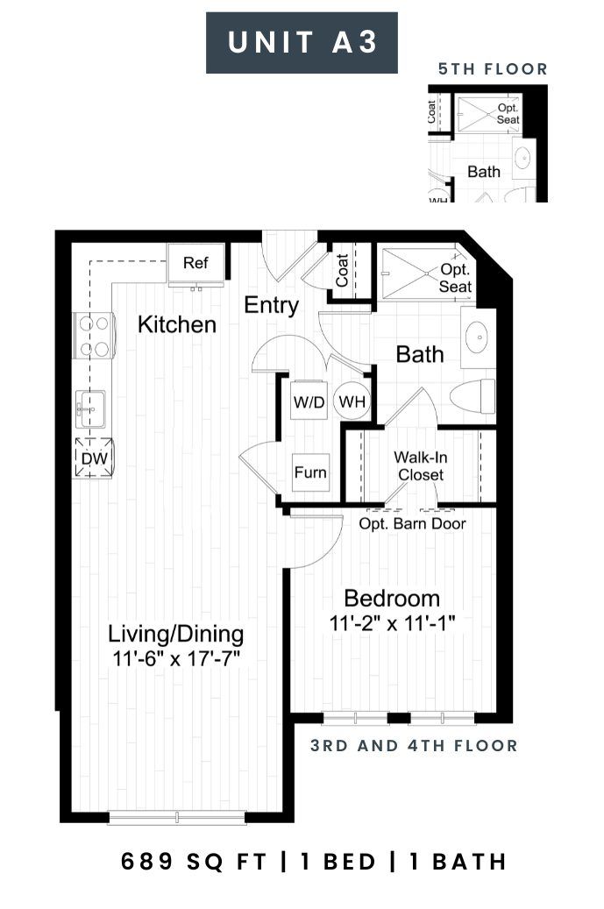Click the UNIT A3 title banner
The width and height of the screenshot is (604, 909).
pyautogui.click(x=302, y=43)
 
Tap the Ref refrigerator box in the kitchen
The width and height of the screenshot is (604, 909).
pyautogui.click(x=195, y=265)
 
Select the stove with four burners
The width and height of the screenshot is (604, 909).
pyautogui.click(x=93, y=336)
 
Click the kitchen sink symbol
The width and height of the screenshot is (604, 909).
pyautogui.click(x=90, y=408)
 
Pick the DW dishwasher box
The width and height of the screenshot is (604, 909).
pyautogui.click(x=93, y=458)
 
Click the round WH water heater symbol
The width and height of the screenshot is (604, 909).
pyautogui.click(x=352, y=401)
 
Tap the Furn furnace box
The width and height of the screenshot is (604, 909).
pyautogui.click(x=310, y=472)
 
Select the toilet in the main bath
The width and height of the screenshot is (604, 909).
pyautogui.click(x=473, y=396)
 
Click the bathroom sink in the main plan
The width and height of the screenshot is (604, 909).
pyautogui.click(x=479, y=337)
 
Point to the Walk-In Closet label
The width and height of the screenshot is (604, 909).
pyautogui.click(x=421, y=466)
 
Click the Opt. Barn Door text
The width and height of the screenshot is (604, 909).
pyautogui.click(x=412, y=523)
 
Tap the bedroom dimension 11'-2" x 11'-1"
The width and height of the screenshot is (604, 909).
pyautogui.click(x=393, y=624)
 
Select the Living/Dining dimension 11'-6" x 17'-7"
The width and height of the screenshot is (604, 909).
pyautogui.click(x=176, y=659)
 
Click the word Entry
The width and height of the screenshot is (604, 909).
pyautogui.click(x=271, y=305)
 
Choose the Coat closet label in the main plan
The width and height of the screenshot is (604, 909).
pyautogui.click(x=342, y=270)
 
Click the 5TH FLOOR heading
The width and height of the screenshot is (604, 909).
pyautogui.click(x=493, y=69)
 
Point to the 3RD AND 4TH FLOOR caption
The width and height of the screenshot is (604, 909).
pyautogui.click(x=414, y=745)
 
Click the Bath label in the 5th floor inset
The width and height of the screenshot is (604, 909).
pyautogui.click(x=484, y=172)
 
